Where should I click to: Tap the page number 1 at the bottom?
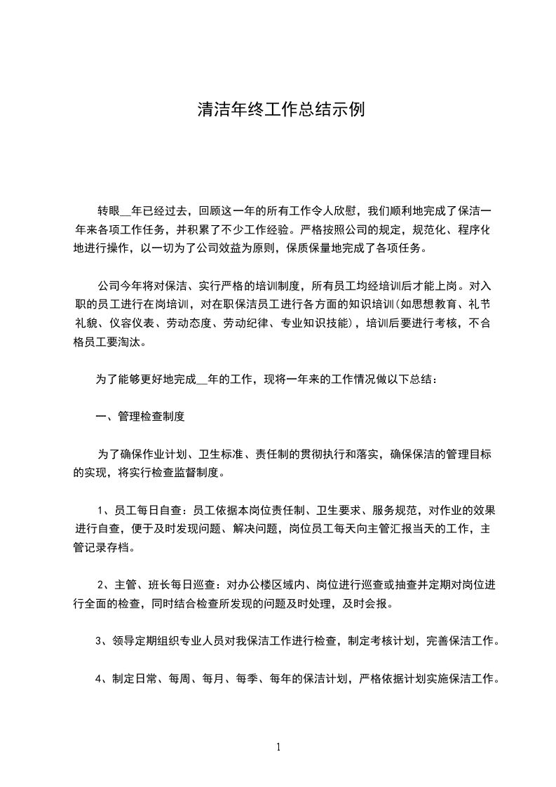coord(278,747)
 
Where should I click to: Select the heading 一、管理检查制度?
coord(140,417)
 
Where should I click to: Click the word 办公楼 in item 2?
coord(252,585)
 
